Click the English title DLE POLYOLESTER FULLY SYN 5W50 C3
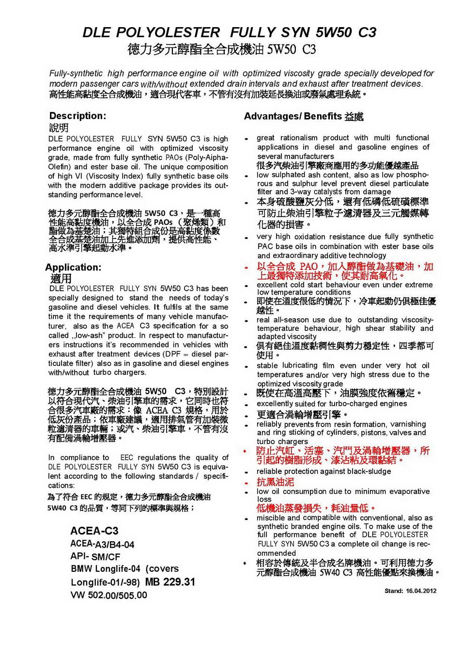point(230,32)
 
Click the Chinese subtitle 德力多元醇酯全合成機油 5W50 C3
point(222,49)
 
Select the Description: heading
point(77,116)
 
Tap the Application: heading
point(73,267)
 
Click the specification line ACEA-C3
point(94,531)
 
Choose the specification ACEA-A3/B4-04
point(102,544)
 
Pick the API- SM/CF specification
point(95,557)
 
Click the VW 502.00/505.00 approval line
point(108,595)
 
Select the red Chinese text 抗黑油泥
point(275,482)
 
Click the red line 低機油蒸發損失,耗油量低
point(316,508)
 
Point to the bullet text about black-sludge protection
point(323,471)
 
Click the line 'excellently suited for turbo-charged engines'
point(332,403)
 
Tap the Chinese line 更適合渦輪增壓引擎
point(302,415)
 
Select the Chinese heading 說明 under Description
point(59,128)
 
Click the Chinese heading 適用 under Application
point(61,279)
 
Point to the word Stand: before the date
point(394,591)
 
